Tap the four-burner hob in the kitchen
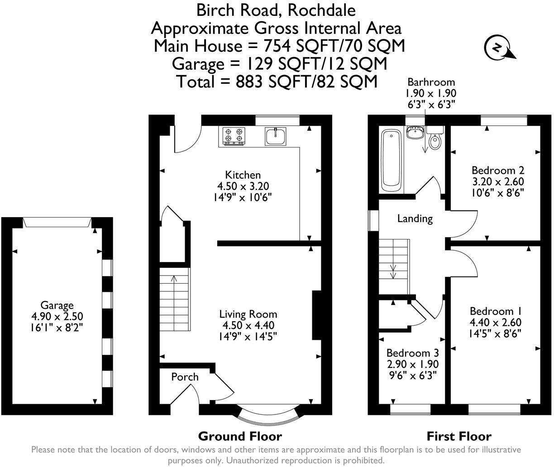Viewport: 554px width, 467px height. click(234, 136)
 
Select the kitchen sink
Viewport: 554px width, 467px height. click(275, 136)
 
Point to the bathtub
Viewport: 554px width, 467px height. click(391, 160)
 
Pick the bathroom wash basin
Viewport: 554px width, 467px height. click(415, 132)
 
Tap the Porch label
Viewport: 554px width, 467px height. click(185, 377)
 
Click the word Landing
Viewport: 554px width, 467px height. click(415, 219)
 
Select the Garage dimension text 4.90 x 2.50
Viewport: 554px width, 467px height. click(57, 316)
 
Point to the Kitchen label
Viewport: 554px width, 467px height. click(243, 175)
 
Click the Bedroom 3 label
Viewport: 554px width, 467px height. click(413, 353)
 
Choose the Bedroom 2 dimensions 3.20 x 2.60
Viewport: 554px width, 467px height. click(498, 181)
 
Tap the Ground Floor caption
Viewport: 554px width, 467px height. click(240, 437)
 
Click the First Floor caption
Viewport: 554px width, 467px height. click(459, 437)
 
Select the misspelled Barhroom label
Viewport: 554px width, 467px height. click(431, 82)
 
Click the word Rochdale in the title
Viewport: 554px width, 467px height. click(321, 10)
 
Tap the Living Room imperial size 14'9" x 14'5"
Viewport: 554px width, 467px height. click(248, 337)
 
